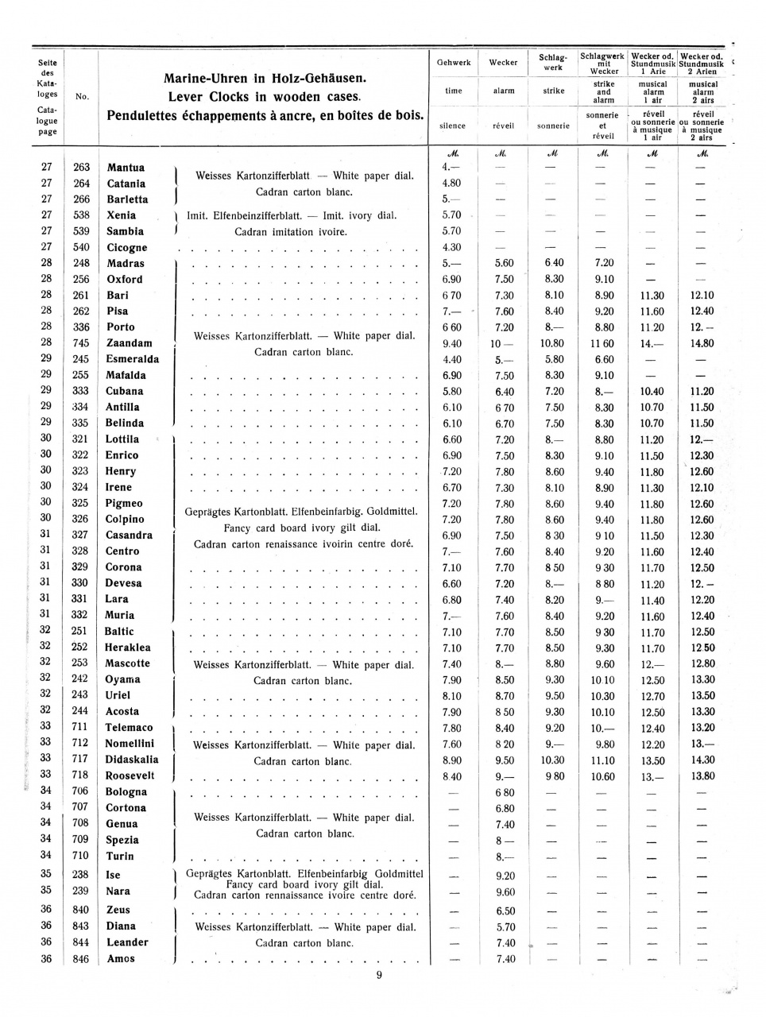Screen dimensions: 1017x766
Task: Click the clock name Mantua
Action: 126,168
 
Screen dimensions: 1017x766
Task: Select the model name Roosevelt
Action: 130,775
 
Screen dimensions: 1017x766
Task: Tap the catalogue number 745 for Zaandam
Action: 81,343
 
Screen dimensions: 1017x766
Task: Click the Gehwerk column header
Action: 454,63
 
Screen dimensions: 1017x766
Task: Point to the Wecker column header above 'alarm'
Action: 503,63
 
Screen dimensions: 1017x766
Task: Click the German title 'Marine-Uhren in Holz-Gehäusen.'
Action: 264,79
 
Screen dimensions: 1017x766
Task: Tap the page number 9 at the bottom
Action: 379,976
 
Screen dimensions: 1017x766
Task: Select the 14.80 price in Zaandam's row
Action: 702,343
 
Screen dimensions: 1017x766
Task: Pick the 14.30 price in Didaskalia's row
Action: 702,760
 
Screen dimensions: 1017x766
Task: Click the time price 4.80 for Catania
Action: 451,184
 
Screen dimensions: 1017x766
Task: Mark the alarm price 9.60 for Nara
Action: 505,892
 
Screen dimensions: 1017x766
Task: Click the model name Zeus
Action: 118,910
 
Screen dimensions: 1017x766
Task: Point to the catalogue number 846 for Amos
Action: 81,959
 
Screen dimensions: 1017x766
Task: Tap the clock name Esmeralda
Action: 132,359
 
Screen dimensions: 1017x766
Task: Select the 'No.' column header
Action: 81,97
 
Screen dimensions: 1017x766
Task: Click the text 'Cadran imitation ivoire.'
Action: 291,232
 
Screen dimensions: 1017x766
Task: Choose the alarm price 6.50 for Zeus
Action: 505,911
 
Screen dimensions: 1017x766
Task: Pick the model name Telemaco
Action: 129,728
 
